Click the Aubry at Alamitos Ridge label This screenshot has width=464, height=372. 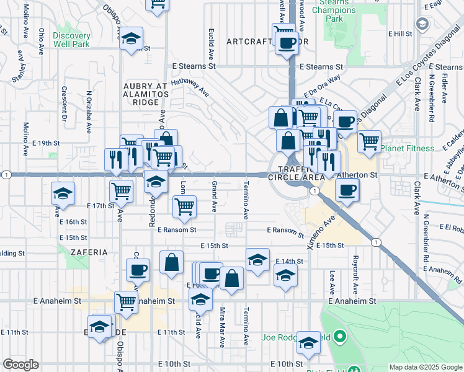[x=146, y=93]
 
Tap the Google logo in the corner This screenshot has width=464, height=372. [x=20, y=364]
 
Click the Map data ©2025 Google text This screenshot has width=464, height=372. [x=425, y=367]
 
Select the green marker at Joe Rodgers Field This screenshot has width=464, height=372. [x=339, y=339]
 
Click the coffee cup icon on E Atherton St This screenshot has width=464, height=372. [x=347, y=190]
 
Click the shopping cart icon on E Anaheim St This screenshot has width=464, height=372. [x=126, y=302]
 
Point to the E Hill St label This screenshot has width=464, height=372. [x=400, y=33]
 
